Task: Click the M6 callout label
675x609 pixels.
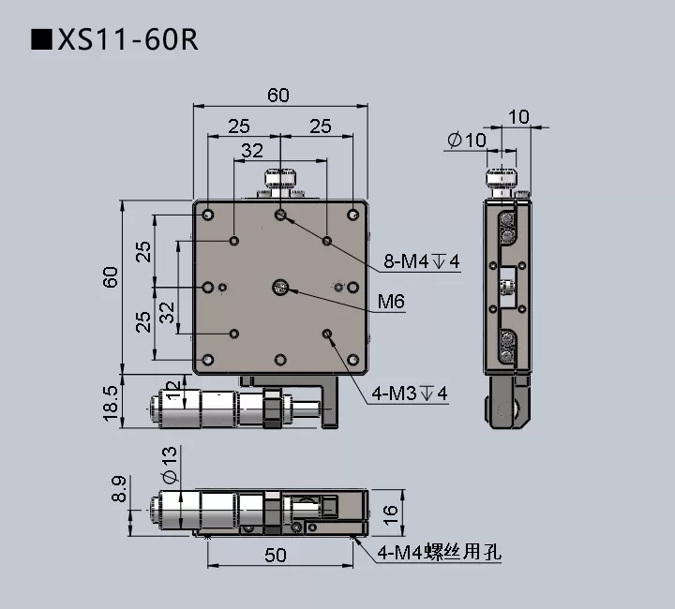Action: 391,301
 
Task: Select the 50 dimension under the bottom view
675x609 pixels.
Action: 275,555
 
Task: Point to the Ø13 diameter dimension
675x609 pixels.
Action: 170,465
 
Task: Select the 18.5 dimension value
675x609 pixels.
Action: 110,403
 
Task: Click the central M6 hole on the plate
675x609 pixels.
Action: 279,288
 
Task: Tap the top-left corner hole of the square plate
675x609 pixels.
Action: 209,215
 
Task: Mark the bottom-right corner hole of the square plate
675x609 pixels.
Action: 352,359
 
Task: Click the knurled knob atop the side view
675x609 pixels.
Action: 502,177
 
